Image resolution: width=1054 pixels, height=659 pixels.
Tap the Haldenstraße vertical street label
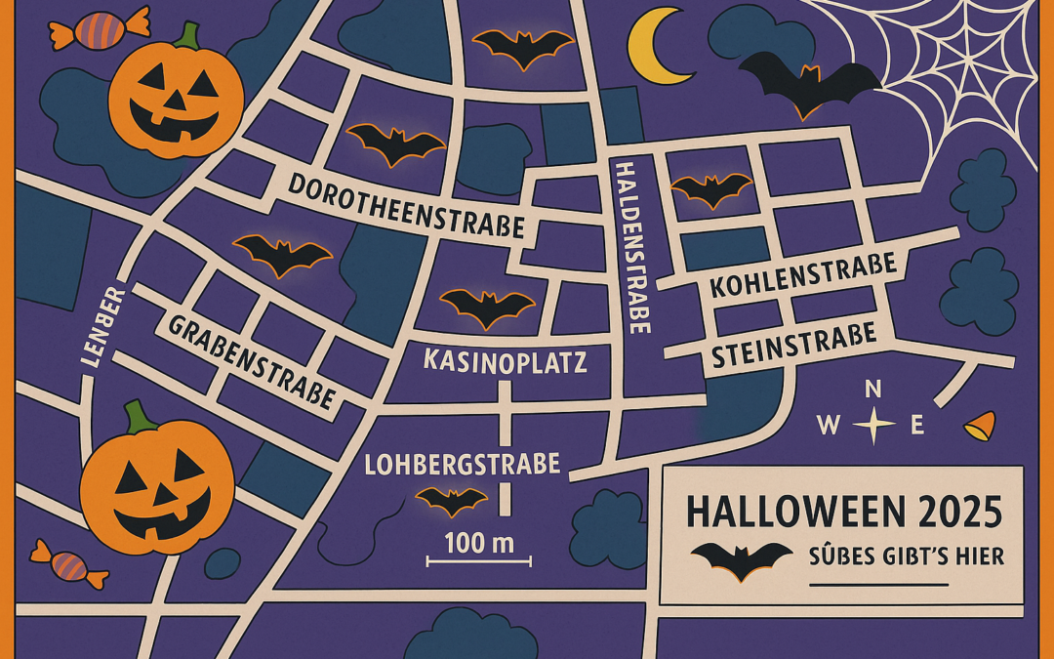(633, 248)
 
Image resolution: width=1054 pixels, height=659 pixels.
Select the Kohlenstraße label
(803, 274)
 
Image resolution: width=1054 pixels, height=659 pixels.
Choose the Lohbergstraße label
(462, 463)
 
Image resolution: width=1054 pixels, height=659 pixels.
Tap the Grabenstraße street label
(252, 360)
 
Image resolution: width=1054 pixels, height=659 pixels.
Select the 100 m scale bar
(478, 559)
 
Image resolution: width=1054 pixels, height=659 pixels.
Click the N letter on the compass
(873, 390)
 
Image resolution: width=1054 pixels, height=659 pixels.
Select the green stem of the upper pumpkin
(186, 37)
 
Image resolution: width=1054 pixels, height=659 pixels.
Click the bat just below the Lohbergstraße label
(452, 500)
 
